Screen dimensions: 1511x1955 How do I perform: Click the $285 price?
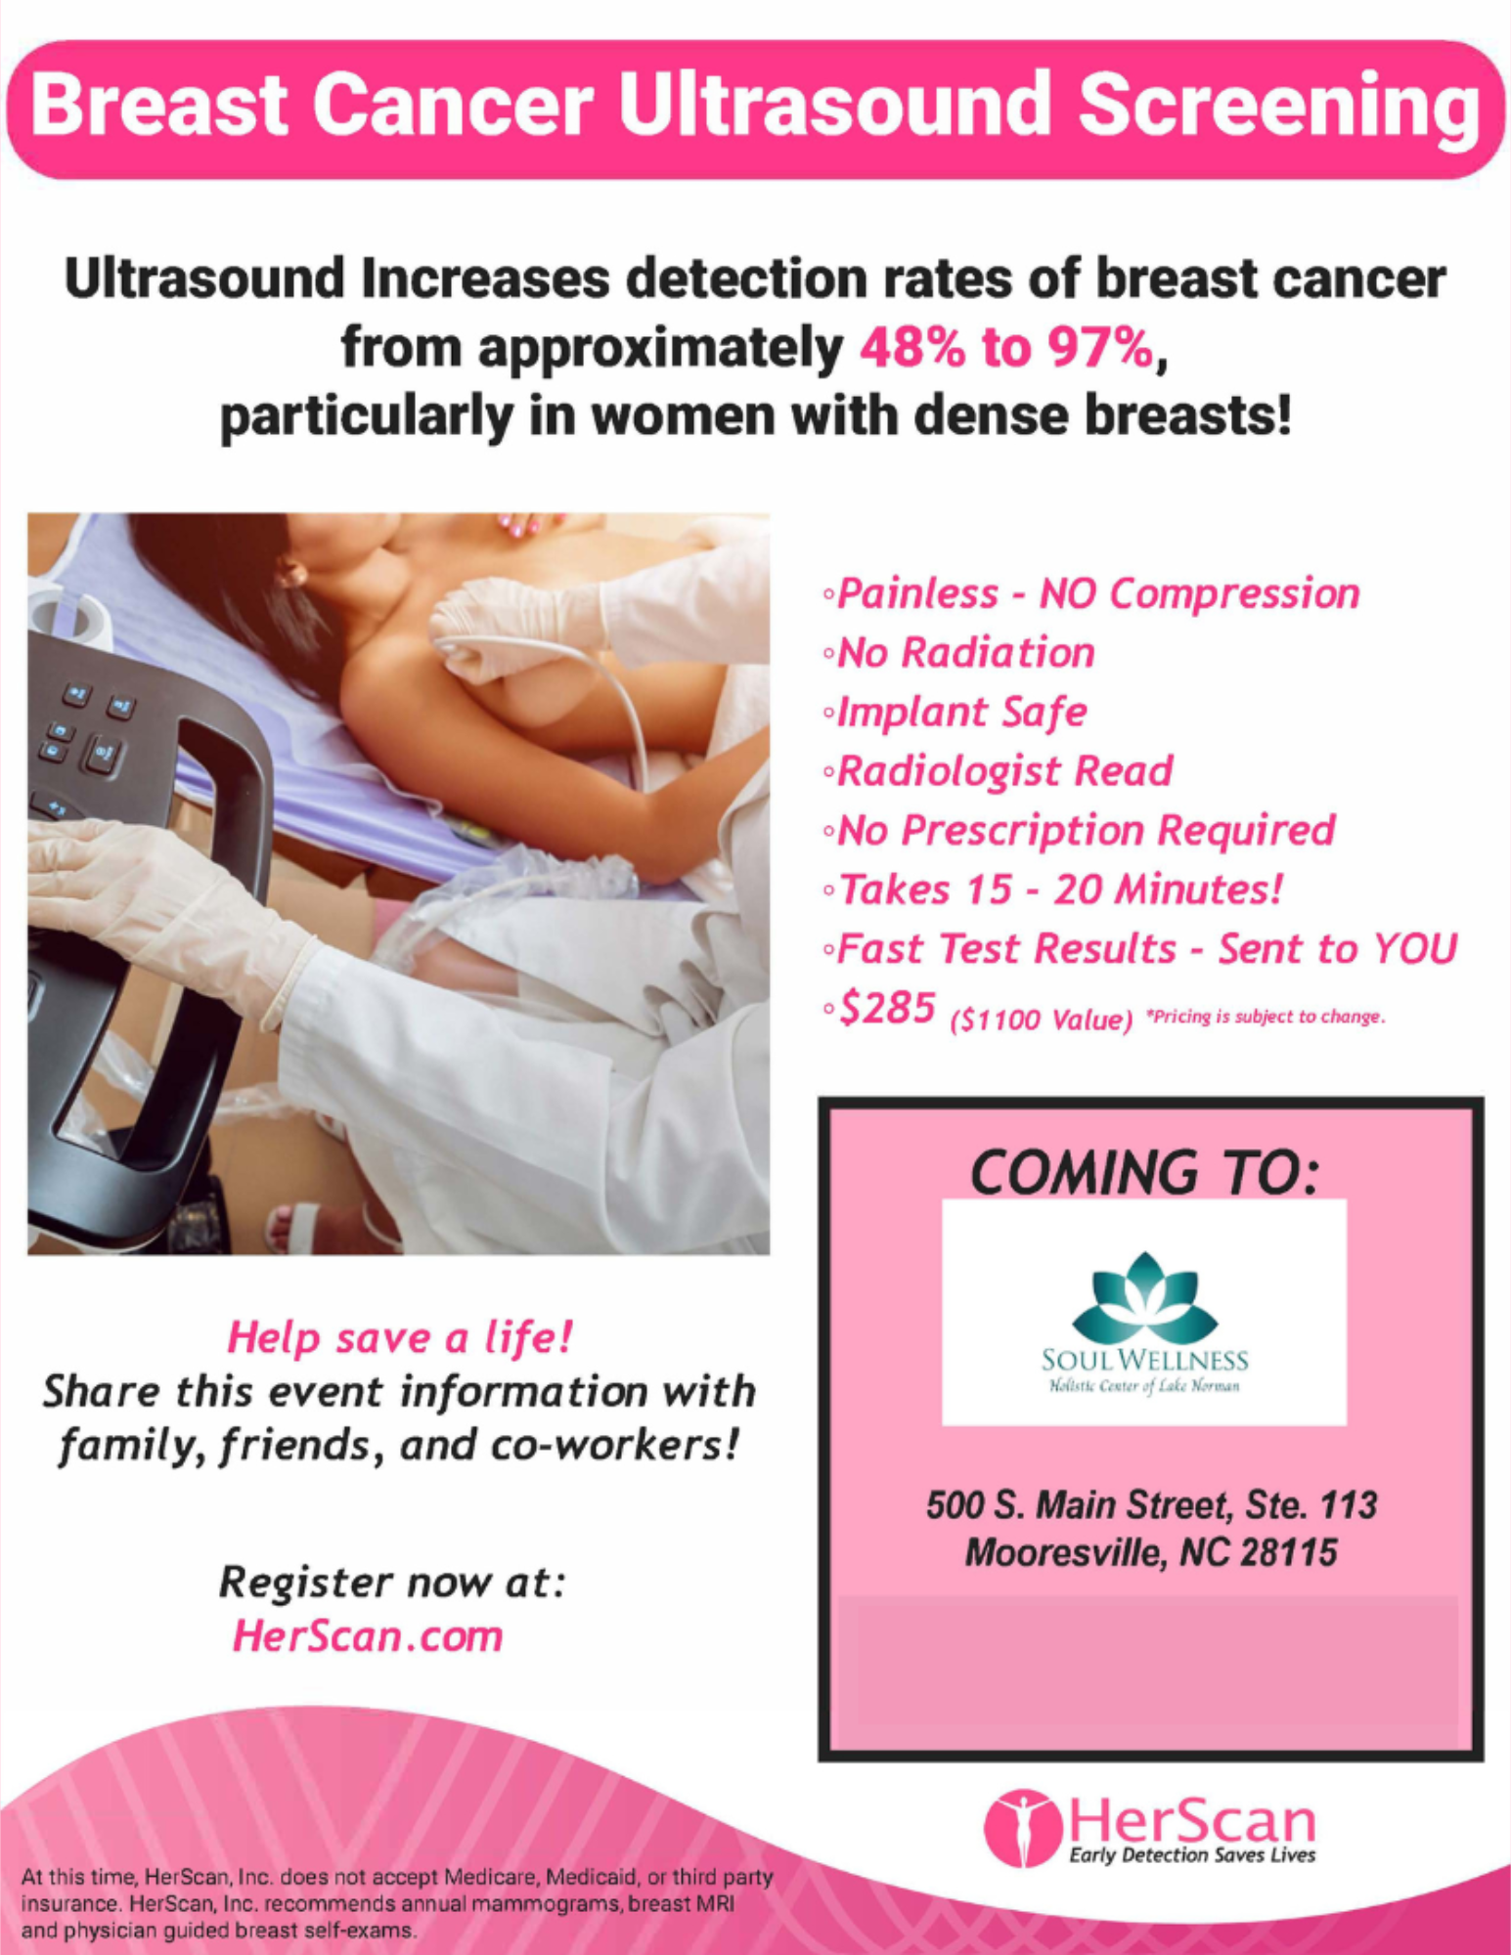click(888, 1008)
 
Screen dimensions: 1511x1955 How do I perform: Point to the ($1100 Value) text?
click(1042, 1020)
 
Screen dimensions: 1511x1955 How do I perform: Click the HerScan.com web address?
click(368, 1636)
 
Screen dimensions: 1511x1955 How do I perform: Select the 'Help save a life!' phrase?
click(399, 1337)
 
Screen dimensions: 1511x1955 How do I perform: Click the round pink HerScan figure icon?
click(1023, 1828)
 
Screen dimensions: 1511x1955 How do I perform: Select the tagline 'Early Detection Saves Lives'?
click(1192, 1855)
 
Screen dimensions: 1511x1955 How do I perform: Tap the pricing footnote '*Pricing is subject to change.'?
click(1266, 1017)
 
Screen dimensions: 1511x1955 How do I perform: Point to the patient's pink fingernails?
click(518, 525)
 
